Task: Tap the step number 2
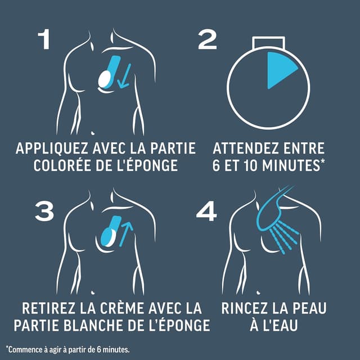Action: pyautogui.click(x=208, y=40)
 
